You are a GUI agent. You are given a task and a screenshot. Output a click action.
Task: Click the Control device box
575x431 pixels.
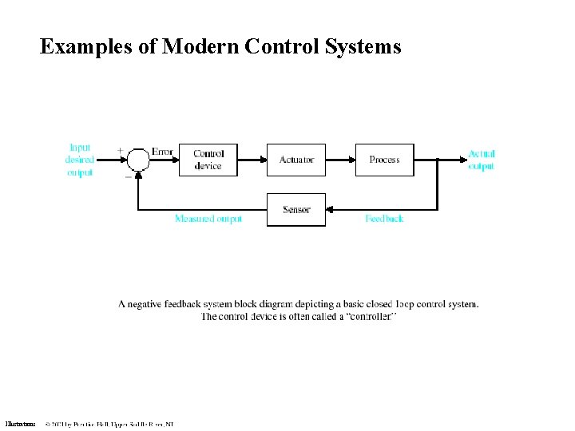click(x=208, y=160)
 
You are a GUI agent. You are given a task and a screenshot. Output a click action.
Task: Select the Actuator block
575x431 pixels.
click(x=296, y=160)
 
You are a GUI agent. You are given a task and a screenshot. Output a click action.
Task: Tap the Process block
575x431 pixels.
click(x=384, y=160)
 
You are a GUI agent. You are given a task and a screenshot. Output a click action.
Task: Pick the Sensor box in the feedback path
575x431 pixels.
click(x=296, y=210)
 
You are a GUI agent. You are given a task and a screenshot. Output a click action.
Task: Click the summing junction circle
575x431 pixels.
click(x=139, y=160)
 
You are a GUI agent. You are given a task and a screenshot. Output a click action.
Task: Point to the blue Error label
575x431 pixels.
click(x=162, y=152)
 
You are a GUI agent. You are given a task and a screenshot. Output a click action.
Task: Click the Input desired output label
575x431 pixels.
click(x=80, y=160)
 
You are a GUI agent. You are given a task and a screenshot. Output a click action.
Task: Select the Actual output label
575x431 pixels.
click(x=482, y=160)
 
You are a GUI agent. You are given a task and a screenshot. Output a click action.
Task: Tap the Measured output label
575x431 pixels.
click(x=208, y=219)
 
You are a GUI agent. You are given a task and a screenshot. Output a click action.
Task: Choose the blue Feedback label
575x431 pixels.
click(x=384, y=219)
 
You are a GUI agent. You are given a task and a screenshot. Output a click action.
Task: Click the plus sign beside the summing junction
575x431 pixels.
click(x=121, y=149)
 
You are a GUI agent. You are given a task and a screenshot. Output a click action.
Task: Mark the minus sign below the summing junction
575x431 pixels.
click(x=128, y=176)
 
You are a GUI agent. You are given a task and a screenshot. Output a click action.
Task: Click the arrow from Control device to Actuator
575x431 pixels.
click(x=252, y=160)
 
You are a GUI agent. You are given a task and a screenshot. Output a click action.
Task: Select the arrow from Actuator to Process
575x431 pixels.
click(x=340, y=160)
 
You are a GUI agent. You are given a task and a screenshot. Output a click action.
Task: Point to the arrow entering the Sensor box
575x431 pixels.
click(x=335, y=210)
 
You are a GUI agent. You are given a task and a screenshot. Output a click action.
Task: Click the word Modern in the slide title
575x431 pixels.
click(x=200, y=47)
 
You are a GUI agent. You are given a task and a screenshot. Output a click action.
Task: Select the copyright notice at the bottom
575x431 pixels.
click(x=109, y=424)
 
